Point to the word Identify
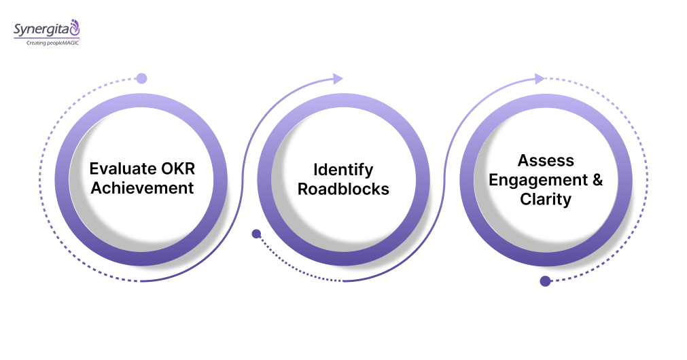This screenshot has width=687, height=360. [x=343, y=169]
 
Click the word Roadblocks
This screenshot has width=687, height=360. [x=343, y=189]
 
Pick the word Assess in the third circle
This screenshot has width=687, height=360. [x=546, y=161]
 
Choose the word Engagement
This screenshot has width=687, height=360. [x=538, y=181]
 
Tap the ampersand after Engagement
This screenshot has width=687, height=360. [x=597, y=181]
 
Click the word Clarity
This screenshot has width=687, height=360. [x=546, y=200]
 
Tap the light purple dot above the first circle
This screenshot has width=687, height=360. [x=141, y=78]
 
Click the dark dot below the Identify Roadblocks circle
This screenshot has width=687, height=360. [x=256, y=234]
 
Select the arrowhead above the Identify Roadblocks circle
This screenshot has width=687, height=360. [x=338, y=79]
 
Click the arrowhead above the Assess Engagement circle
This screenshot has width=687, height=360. [x=540, y=79]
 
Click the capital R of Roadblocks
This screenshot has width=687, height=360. [x=303, y=189]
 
